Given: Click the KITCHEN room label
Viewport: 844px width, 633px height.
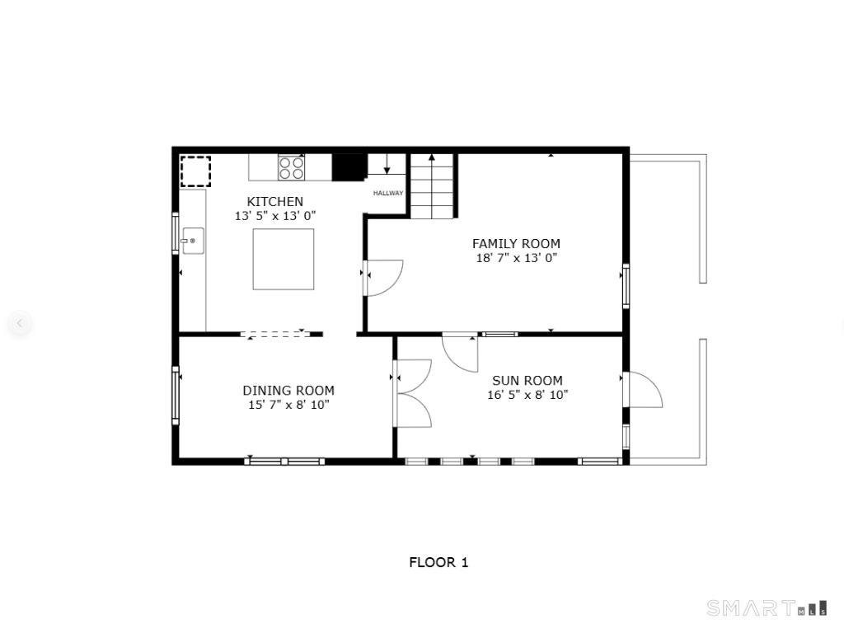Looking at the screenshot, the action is click(x=274, y=201).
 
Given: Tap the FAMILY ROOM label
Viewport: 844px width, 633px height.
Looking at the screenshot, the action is click(x=516, y=243).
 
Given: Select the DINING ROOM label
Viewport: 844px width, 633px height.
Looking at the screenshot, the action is click(x=288, y=390).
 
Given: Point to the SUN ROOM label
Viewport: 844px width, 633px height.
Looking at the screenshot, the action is click(x=527, y=381).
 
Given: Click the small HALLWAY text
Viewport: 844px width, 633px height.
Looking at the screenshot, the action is click(x=388, y=193).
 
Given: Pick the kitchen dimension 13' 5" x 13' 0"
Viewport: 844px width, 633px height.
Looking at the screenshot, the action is click(x=275, y=215).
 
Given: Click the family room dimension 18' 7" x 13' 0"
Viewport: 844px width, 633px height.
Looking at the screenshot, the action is click(x=517, y=257).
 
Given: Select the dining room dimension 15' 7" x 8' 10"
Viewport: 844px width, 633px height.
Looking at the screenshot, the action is click(x=288, y=404).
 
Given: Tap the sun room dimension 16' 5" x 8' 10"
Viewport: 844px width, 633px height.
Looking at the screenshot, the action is click(x=527, y=395).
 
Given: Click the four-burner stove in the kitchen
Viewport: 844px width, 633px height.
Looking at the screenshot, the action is click(x=291, y=167).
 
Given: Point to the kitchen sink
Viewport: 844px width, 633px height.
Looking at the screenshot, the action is click(x=193, y=241).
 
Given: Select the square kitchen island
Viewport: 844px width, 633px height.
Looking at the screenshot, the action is click(x=284, y=259).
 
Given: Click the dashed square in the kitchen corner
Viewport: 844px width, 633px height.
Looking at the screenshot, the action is click(x=195, y=171).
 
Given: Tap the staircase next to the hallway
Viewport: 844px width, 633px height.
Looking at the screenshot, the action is click(x=432, y=186).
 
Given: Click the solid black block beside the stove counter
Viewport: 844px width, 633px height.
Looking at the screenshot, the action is click(x=349, y=166).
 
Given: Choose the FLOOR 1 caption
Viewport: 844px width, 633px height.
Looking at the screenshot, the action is click(x=438, y=562).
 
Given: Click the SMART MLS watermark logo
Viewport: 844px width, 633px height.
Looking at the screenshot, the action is click(x=767, y=607).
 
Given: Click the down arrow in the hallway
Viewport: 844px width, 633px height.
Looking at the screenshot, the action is click(x=387, y=164).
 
